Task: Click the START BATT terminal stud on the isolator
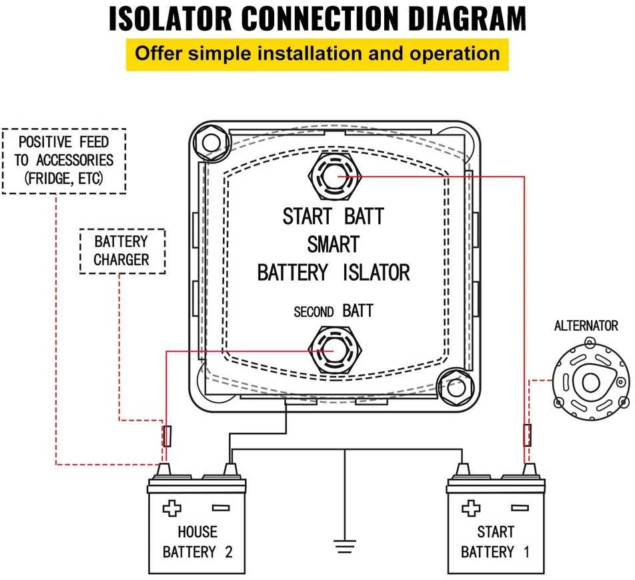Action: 335,177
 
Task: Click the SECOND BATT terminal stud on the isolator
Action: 335,351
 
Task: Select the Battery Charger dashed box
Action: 122,251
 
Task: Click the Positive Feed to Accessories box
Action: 64,161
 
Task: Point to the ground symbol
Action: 345,547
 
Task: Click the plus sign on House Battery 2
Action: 171,509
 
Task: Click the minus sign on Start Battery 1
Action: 520,507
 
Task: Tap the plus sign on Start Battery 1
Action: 471,508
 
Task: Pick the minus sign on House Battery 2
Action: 221,508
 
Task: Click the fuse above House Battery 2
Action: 167,436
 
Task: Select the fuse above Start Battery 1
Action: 527,435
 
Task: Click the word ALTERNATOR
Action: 586,326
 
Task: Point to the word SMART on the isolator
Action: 334,244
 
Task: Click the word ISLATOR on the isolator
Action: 376,273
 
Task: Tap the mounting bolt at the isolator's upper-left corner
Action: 211,143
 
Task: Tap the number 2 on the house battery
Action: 229,552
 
